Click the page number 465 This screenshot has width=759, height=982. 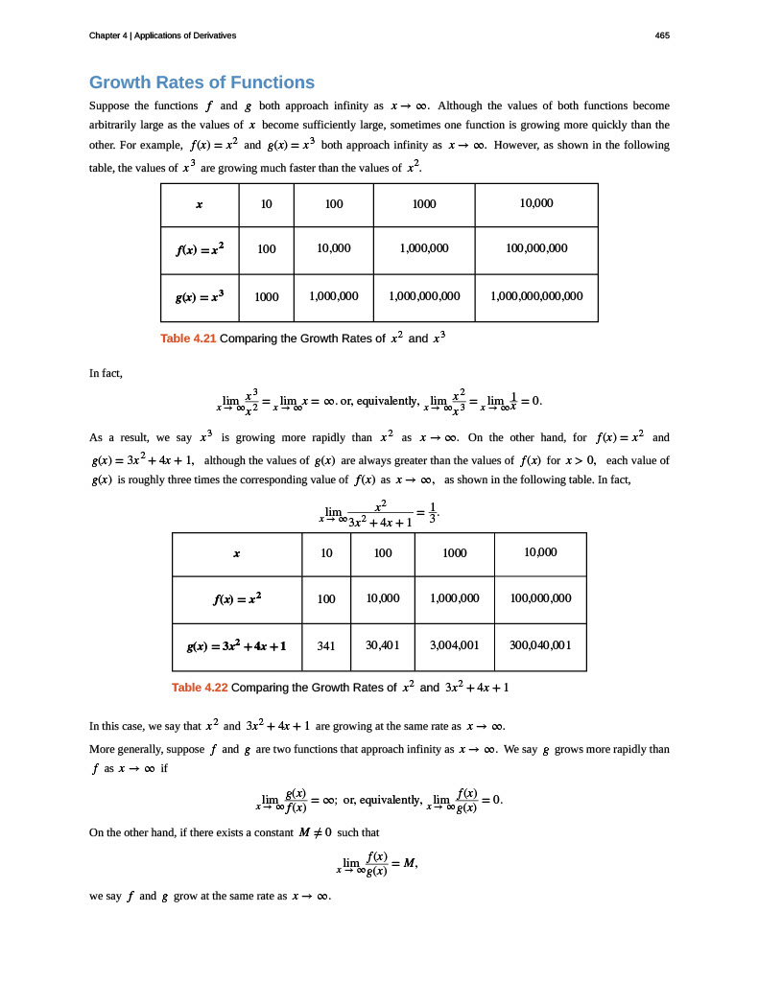[662, 35]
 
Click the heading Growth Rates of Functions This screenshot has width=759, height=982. [202, 82]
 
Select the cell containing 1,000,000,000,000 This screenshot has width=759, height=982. [536, 296]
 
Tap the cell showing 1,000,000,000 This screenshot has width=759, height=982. [424, 296]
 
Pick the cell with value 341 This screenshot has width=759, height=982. [326, 645]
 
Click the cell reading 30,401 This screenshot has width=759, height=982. [383, 645]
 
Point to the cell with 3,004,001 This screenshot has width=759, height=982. [455, 645]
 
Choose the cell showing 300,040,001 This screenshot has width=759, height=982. [540, 645]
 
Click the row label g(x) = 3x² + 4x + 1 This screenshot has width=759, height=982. [236, 645]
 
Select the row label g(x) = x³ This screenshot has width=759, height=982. [200, 296]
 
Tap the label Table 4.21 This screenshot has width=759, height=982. [188, 338]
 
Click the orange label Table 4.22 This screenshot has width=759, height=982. [200, 687]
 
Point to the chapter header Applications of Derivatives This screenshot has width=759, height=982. [185, 35]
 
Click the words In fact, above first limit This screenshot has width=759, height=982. [106, 372]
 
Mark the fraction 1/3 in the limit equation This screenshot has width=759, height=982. [433, 514]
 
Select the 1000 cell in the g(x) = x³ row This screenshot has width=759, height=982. [267, 296]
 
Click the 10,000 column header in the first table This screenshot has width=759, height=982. [536, 203]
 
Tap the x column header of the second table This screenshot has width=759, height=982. [236, 553]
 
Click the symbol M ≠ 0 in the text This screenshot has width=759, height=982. [316, 832]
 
